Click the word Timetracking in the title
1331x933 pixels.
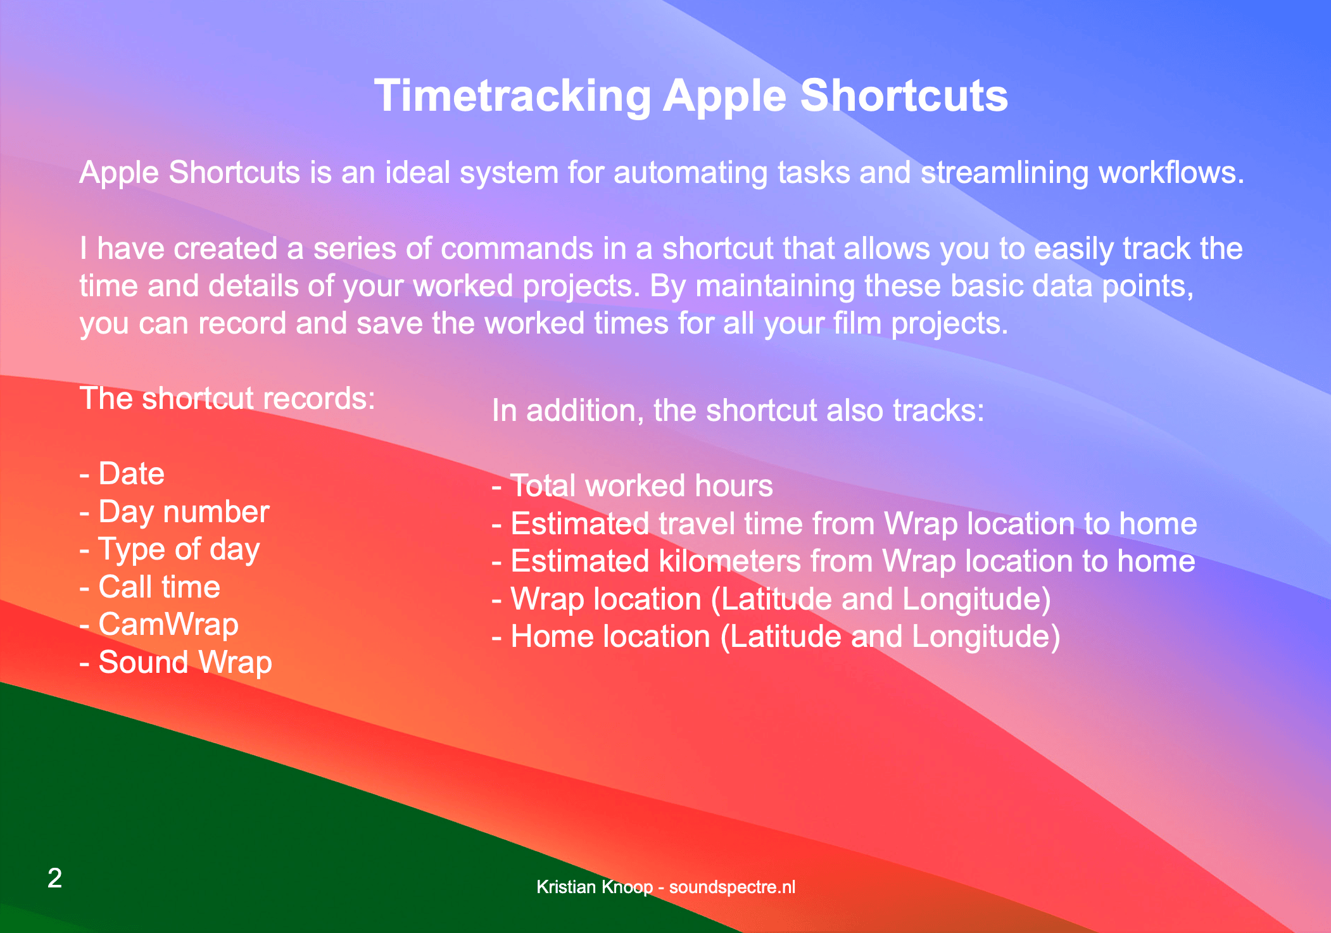pyautogui.click(x=512, y=96)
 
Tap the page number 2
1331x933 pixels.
pyautogui.click(x=55, y=878)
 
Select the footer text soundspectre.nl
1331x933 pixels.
pyautogui.click(x=732, y=887)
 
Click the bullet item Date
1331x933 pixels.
pyautogui.click(x=122, y=473)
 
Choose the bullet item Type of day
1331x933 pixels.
pyautogui.click(x=170, y=550)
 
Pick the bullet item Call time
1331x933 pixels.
pyautogui.click(x=150, y=587)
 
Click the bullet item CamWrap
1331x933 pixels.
pyautogui.click(x=160, y=625)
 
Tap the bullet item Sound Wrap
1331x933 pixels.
pyautogui.click(x=176, y=663)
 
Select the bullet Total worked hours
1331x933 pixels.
pyautogui.click(x=633, y=486)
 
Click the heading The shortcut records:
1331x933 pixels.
pyautogui.click(x=228, y=399)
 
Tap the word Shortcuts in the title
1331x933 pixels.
pyautogui.click(x=904, y=96)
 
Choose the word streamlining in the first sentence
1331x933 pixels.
pyautogui.click(x=1005, y=173)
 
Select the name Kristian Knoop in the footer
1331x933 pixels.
pyautogui.click(x=595, y=887)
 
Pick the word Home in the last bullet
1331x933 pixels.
pyautogui.click(x=547, y=637)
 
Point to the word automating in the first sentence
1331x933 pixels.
pyautogui.click(x=691, y=173)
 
